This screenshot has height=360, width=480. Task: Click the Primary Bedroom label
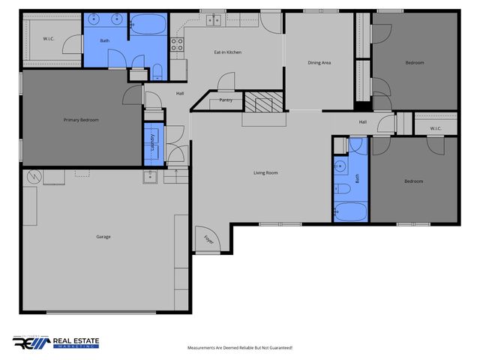pos(80,120)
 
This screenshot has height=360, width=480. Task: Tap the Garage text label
pos(103,237)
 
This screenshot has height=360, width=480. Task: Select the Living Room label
pos(265,173)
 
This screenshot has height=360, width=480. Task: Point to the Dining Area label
pos(319,63)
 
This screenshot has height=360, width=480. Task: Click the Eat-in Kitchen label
pos(227,52)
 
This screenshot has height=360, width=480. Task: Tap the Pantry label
pos(225,100)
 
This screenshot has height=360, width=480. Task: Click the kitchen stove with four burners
pos(178,44)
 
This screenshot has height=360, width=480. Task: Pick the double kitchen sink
pos(214,20)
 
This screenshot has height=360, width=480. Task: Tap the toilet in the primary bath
pos(158,73)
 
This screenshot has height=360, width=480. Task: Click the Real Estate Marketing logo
pos(55,342)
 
